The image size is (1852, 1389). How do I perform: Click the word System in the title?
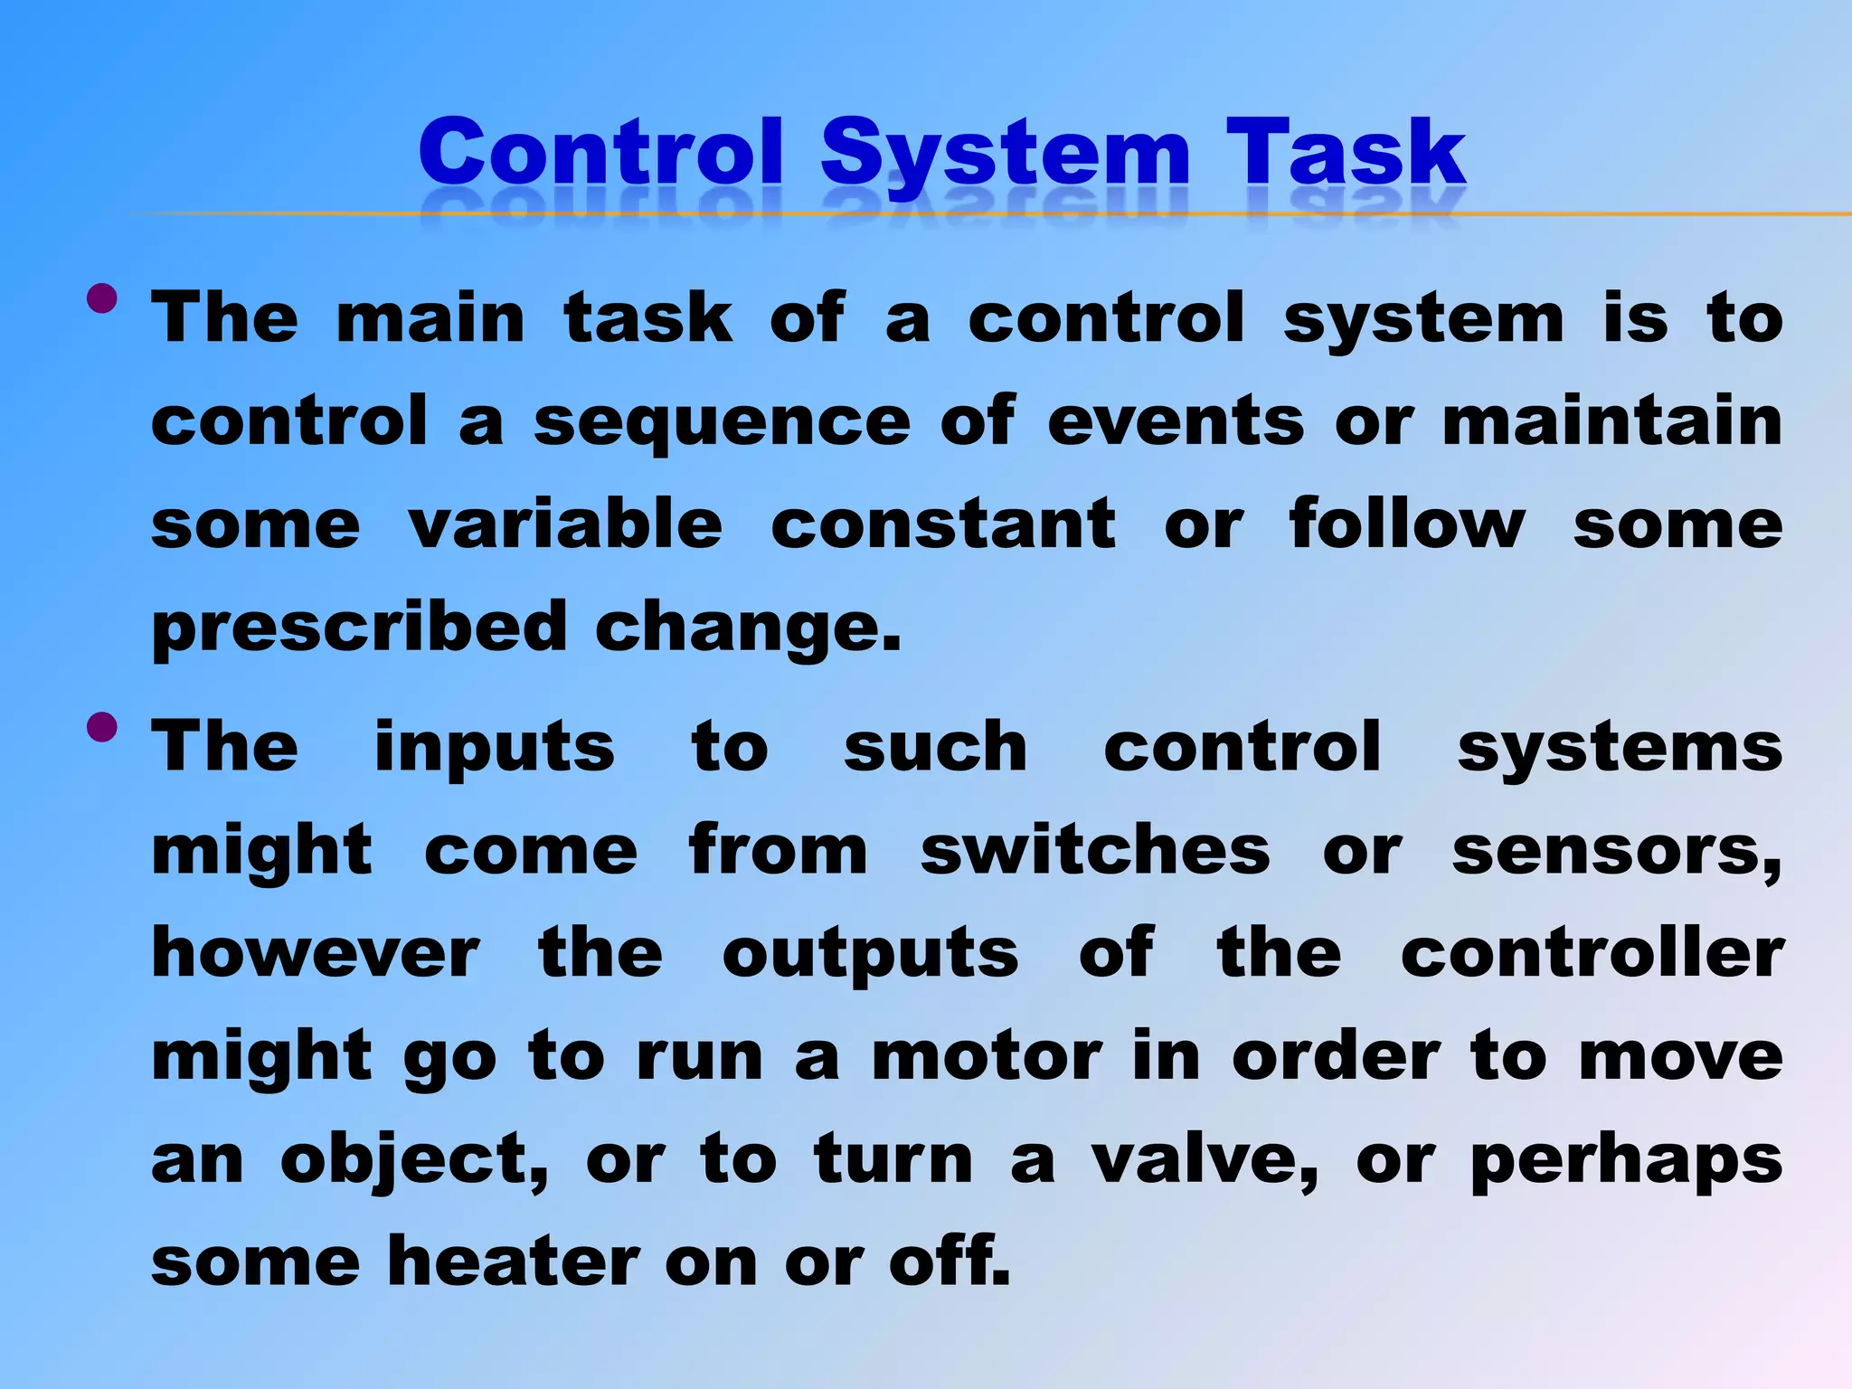1005,154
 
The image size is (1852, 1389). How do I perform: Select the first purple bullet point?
103,299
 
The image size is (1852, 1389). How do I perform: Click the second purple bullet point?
103,727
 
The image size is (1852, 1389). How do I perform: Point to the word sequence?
722,423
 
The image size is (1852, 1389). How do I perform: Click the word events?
1176,421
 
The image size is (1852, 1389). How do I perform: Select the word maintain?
1612,421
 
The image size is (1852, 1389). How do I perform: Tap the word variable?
565,524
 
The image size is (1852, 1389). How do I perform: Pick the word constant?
943,524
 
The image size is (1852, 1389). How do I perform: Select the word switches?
1095,851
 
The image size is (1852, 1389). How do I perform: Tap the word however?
316,954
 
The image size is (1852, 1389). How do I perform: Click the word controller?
1592,954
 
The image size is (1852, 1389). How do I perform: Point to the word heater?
514,1262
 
